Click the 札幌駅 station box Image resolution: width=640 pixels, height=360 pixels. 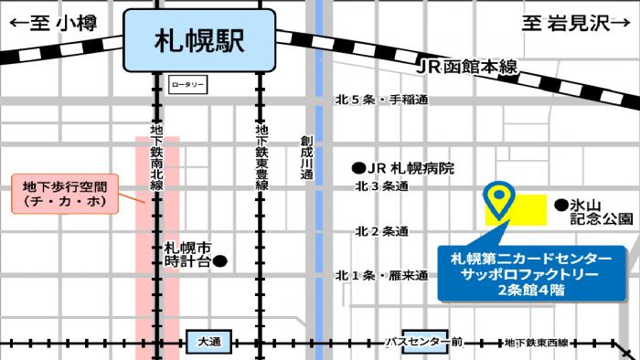pyautogui.click(x=199, y=41)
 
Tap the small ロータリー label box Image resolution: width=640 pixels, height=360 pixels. pyautogui.click(x=188, y=85)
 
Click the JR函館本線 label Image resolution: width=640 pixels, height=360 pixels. pyautogui.click(x=466, y=67)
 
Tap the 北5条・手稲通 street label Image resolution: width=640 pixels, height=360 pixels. pyautogui.click(x=381, y=100)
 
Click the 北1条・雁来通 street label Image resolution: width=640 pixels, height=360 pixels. pyautogui.click(x=381, y=275)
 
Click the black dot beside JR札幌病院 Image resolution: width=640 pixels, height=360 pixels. pyautogui.click(x=359, y=168)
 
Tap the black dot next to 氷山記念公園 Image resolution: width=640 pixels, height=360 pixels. pyautogui.click(x=560, y=206)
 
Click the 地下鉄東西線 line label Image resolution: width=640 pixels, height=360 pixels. pyautogui.click(x=536, y=342)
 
